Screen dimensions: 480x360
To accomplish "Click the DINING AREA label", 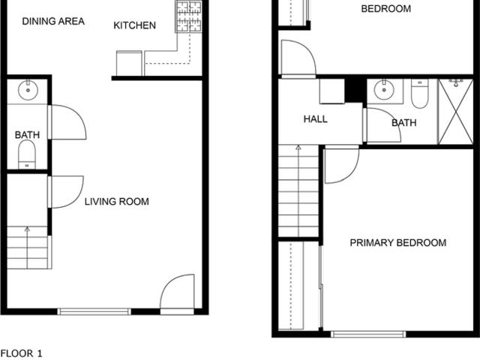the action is tap(53, 22).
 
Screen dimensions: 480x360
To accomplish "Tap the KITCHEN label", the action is tap(135, 25).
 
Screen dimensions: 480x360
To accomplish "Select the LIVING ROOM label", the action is tap(117, 202).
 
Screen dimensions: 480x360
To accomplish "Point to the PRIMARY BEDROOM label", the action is tap(398, 243).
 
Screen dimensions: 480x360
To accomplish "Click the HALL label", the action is tap(315, 119).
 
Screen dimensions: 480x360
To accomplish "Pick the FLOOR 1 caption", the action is tap(22, 353).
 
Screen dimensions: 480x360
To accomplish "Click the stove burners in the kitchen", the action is tap(188, 16).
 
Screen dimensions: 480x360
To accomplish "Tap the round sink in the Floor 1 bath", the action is tap(28, 90).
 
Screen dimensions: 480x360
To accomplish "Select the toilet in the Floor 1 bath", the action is tap(27, 154).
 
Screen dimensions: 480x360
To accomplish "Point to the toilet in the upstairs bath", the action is tap(419, 93).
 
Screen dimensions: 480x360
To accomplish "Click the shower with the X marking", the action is tap(456, 112).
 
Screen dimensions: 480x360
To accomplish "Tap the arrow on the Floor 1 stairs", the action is tap(27, 247).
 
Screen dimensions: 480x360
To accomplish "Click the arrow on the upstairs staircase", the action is tap(298, 190).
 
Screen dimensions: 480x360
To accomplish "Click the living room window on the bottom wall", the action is tap(94, 312).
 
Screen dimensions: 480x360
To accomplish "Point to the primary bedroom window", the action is tap(368, 334).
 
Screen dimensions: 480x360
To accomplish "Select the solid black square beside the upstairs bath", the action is tap(355, 90).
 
